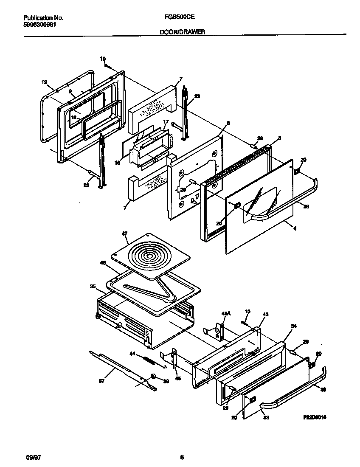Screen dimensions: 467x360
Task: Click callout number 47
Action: point(124,234)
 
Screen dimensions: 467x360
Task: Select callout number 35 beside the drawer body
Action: point(93,287)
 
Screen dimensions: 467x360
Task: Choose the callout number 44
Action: point(132,353)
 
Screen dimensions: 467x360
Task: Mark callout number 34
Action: point(292,325)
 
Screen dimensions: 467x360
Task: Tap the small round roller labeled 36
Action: point(152,377)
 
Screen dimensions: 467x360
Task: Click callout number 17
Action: point(166,122)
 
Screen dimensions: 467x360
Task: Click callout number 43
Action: point(266,314)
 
